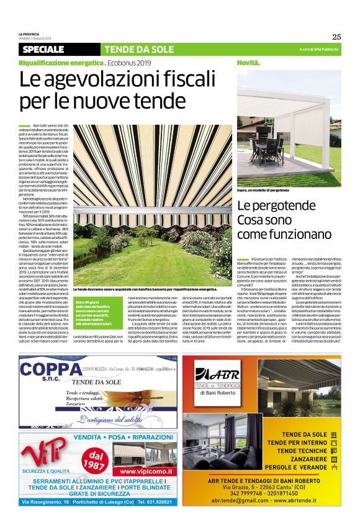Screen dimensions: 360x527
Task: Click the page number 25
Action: (x=336, y=36)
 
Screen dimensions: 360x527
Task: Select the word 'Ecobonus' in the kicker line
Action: (x=123, y=63)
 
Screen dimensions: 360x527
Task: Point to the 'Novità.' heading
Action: (x=248, y=63)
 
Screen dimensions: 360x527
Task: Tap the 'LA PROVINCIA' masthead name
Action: (x=29, y=33)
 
